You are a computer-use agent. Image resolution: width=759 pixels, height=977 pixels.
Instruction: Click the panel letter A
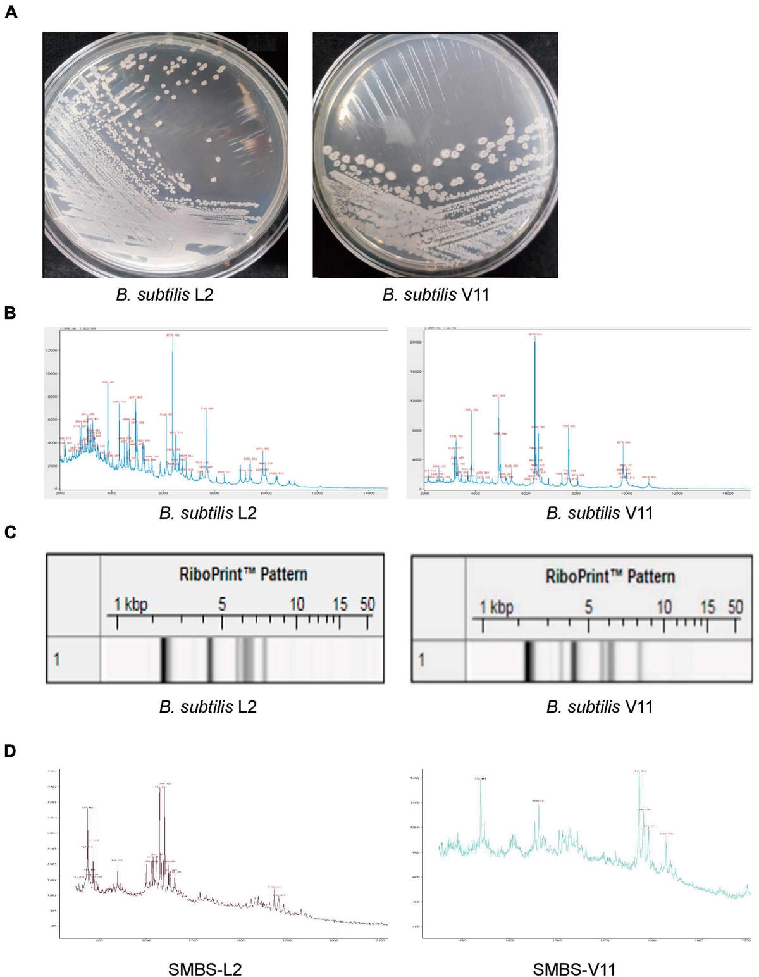(11, 11)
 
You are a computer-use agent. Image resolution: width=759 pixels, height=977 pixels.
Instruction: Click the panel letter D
(11, 751)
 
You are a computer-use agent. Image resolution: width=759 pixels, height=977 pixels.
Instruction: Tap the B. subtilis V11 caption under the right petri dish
(435, 295)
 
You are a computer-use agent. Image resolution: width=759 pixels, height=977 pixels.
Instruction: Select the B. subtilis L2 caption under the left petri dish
(164, 295)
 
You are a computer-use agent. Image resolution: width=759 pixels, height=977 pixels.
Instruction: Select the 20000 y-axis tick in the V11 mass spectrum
(415, 342)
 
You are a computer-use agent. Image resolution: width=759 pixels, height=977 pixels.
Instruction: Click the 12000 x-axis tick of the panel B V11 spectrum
(677, 494)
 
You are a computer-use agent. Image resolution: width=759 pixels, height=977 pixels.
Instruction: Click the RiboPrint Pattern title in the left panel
(244, 574)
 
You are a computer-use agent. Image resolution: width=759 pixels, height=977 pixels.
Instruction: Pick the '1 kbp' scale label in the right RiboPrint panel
(496, 607)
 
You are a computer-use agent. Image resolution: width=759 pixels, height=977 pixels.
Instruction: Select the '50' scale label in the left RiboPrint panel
(367, 604)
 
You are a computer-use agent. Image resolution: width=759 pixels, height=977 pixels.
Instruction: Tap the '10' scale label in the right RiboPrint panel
(663, 607)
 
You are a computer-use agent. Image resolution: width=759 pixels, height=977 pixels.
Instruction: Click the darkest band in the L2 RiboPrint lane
(163, 660)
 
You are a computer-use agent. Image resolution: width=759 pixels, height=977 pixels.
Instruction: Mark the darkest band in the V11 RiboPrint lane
(528, 661)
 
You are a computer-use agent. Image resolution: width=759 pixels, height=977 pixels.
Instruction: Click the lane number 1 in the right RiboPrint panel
(421, 661)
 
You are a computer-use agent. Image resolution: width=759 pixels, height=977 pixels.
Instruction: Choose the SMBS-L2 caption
(205, 969)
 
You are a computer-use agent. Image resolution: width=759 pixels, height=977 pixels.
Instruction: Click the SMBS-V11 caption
(574, 969)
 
